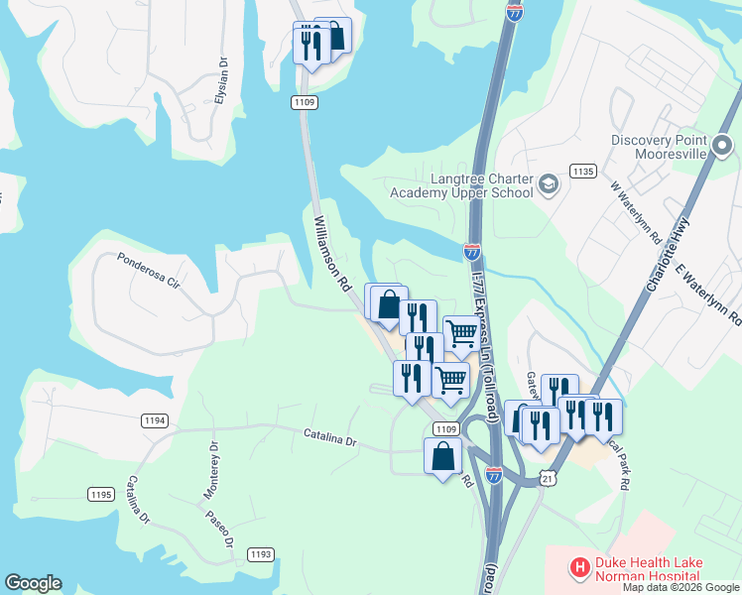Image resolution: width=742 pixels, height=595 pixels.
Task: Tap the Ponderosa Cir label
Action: coord(149,270)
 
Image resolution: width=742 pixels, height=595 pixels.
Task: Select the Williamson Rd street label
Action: coord(334,253)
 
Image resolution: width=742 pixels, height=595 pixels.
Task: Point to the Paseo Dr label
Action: coord(218,528)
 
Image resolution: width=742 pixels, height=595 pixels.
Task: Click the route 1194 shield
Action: coord(154,421)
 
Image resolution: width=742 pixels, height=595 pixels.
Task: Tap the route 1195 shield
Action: coord(100,494)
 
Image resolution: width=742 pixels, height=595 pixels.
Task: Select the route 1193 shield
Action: coord(260,553)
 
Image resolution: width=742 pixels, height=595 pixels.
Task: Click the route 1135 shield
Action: coord(582,172)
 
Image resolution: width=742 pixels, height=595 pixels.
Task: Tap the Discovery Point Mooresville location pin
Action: coord(722,148)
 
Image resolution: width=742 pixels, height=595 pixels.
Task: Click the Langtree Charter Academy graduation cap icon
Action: coord(549,184)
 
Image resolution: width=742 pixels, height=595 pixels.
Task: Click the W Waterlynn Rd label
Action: coord(635,212)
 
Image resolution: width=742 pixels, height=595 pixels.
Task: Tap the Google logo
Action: coord(33,583)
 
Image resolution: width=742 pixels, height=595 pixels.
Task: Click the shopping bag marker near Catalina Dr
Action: coord(442,457)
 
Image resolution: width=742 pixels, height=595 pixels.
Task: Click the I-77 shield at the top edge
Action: coord(514,12)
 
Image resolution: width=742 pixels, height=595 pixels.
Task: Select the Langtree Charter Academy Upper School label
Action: coord(461,185)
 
